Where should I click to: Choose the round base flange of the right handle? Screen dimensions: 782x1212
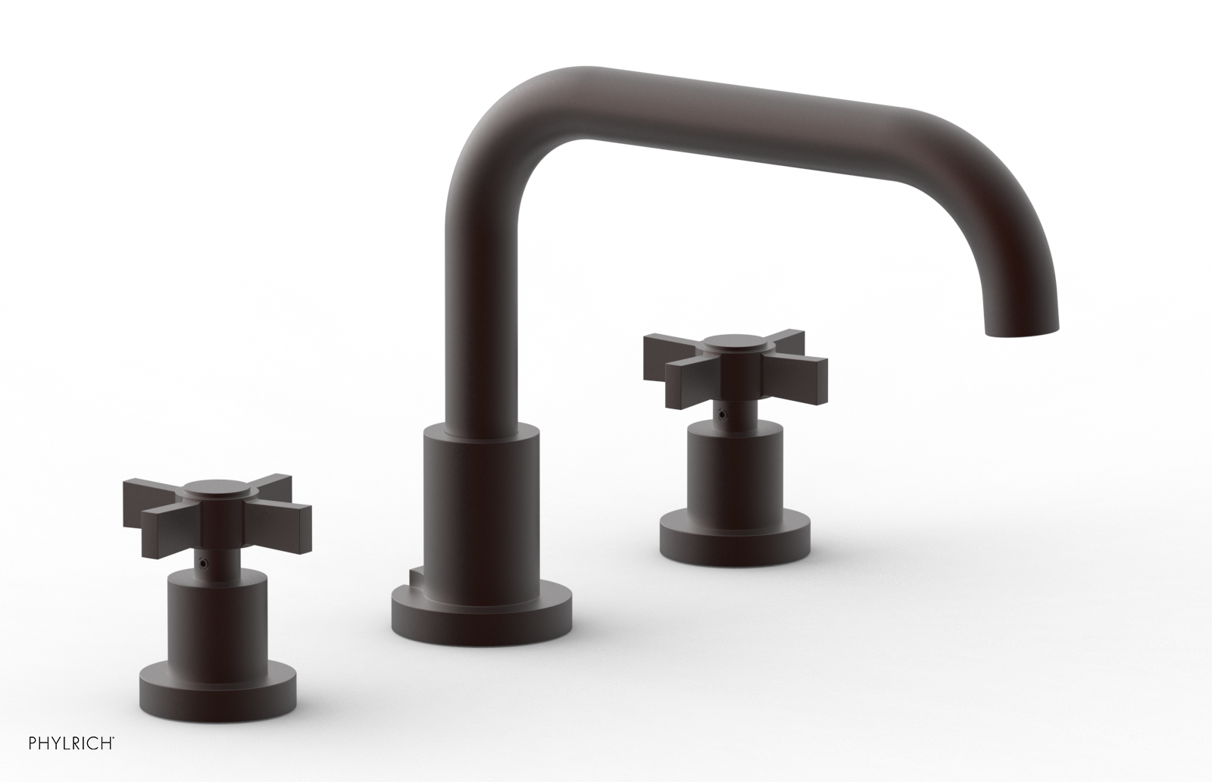coord(735,534)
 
